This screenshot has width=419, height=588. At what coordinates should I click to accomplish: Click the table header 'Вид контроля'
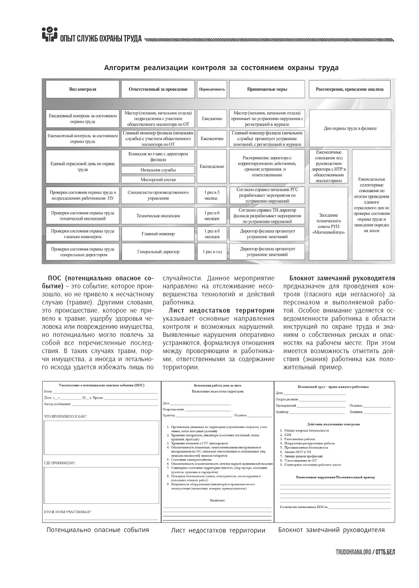(82, 89)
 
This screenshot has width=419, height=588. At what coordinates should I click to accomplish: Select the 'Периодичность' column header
(212, 89)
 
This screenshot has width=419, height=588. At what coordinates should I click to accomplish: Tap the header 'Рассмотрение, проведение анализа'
(350, 89)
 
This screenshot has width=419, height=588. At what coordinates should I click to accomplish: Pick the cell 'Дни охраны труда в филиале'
(350, 128)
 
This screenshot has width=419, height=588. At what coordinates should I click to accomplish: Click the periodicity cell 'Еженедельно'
(212, 166)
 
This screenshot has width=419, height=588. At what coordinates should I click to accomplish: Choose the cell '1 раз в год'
(212, 252)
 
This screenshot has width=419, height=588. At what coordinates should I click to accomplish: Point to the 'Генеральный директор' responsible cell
(158, 252)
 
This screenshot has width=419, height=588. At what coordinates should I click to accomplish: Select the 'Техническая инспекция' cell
(158, 216)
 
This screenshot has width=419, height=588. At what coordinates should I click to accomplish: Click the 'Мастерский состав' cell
(158, 179)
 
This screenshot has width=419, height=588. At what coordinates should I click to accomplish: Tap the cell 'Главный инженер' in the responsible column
(158, 234)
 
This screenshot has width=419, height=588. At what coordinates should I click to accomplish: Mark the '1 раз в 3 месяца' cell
(212, 195)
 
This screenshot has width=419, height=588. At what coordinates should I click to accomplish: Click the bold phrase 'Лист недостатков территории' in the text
(222, 310)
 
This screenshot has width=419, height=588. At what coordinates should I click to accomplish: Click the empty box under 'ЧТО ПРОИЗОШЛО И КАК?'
(101, 437)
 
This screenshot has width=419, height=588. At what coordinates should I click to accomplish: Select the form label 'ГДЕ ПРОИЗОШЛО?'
(60, 463)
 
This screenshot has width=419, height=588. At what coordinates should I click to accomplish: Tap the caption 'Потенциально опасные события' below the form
(98, 529)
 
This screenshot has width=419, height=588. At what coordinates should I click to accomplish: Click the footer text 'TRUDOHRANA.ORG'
(353, 552)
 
